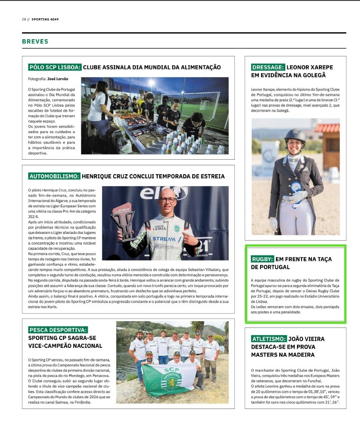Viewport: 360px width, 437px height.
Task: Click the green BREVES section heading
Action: tap(35, 42)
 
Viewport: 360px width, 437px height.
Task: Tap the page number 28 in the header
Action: tap(24, 20)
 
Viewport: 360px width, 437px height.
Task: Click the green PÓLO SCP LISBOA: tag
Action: tap(55, 67)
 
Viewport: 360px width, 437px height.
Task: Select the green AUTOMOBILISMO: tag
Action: tap(54, 176)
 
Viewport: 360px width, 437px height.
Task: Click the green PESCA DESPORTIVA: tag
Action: tap(58, 330)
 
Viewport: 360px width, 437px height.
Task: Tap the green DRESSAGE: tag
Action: tap(268, 67)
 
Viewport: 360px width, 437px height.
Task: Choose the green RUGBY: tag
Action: tap(262, 259)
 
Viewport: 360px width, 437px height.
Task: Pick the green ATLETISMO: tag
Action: tap(268, 339)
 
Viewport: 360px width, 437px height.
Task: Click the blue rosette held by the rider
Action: tap(295, 188)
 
